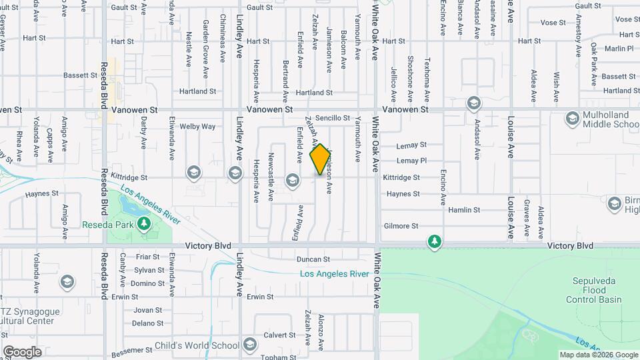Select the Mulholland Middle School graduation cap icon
pos(571,119)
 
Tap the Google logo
pos(22,352)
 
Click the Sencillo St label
pos(333,118)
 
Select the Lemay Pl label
pos(411,161)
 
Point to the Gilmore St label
pos(401,226)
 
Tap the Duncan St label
pos(313,259)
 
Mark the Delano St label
pos(147,323)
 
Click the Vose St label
pos(553,23)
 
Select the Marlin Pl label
pos(619,49)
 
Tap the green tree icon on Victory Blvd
pos(434,241)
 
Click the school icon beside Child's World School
pos(250,345)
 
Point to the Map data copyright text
pos(598,355)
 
